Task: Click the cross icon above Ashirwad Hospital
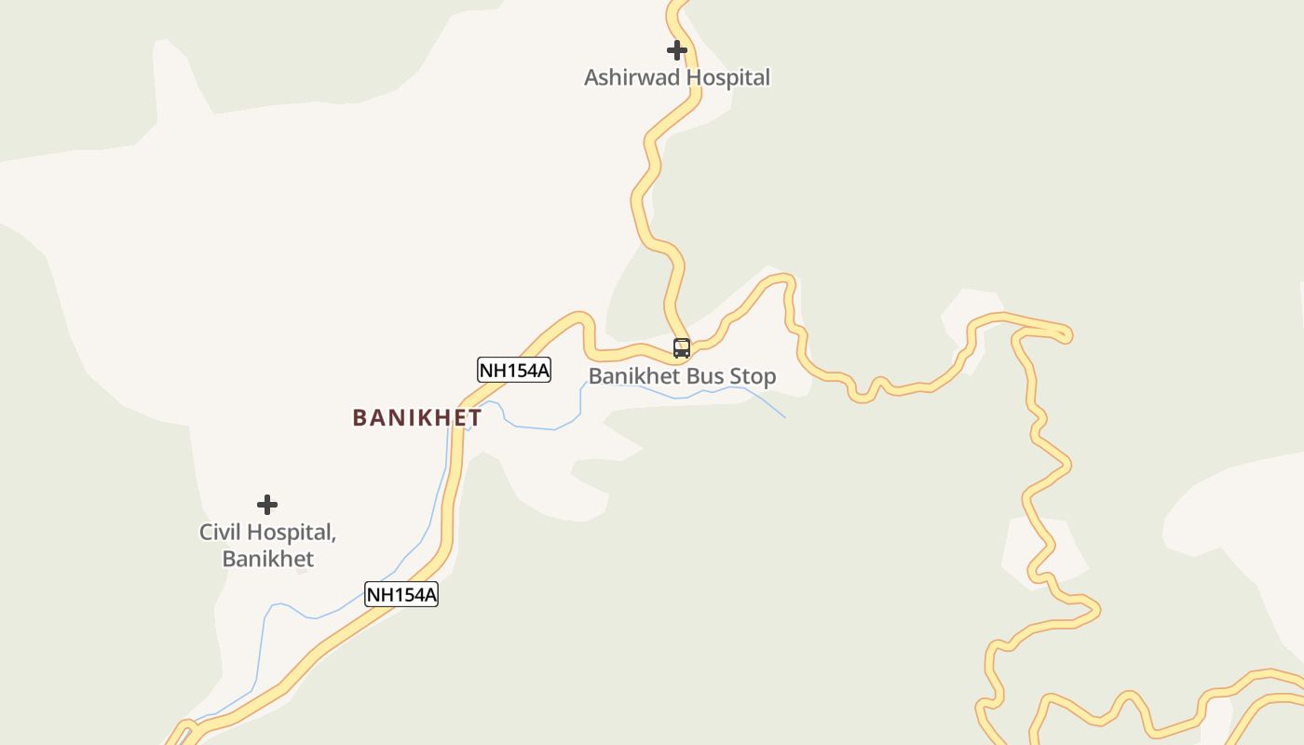677,50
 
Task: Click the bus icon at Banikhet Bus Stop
682,349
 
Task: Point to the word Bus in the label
704,377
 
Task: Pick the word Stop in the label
752,377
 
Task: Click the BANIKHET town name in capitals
416,418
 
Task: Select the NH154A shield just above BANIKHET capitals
514,370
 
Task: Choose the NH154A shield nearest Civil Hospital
401,594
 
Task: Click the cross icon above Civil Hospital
267,505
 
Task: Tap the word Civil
221,533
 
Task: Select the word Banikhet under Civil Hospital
267,559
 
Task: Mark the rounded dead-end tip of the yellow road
1066,334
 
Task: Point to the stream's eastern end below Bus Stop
784,416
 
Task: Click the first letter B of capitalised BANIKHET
360,418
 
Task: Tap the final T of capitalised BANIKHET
475,418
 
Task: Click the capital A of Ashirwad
591,77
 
